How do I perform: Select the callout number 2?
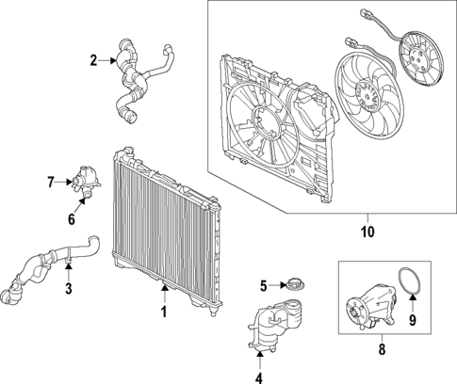point(93,62)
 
